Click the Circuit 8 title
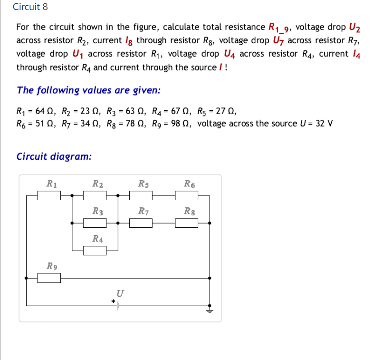(x=30, y=7)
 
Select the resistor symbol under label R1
(x=49, y=195)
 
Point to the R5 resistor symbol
(x=141, y=195)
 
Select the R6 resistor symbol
(x=187, y=195)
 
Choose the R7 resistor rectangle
(x=141, y=223)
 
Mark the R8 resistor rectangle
(x=187, y=223)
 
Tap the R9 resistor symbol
(x=49, y=278)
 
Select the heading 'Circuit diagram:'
(x=54, y=156)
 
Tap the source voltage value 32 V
(x=324, y=124)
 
